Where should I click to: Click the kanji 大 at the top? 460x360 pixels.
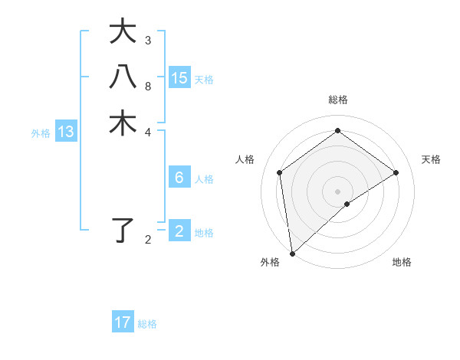pyautogui.click(x=123, y=32)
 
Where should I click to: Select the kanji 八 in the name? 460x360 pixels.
pyautogui.click(x=123, y=77)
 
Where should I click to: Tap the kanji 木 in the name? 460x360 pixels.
pyautogui.click(x=123, y=123)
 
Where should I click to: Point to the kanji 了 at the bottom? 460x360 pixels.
pyautogui.click(x=123, y=231)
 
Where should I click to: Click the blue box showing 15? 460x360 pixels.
pyautogui.click(x=179, y=77)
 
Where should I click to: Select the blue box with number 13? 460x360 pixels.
pyautogui.click(x=66, y=132)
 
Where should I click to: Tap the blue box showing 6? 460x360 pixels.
pyautogui.click(x=179, y=178)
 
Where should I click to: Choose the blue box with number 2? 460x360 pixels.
pyautogui.click(x=179, y=231)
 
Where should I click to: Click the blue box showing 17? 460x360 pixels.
pyautogui.click(x=123, y=322)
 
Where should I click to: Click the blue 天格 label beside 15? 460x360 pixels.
pyautogui.click(x=204, y=80)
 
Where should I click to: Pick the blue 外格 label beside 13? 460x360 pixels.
pyautogui.click(x=41, y=133)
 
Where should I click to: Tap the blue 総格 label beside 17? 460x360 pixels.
pyautogui.click(x=147, y=324)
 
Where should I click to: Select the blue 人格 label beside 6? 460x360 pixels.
pyautogui.click(x=204, y=179)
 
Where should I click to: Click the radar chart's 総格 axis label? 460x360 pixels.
pyautogui.click(x=338, y=100)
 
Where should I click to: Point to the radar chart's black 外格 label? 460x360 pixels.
pyautogui.click(x=270, y=262)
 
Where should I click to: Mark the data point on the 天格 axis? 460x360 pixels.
pyautogui.click(x=396, y=172)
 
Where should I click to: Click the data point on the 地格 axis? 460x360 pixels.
pyautogui.click(x=347, y=204)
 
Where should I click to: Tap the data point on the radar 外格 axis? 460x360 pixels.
pyautogui.click(x=292, y=253)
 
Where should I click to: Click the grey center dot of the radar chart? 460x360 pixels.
pyautogui.click(x=338, y=191)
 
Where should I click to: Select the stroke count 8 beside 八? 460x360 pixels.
pyautogui.click(x=148, y=86)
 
